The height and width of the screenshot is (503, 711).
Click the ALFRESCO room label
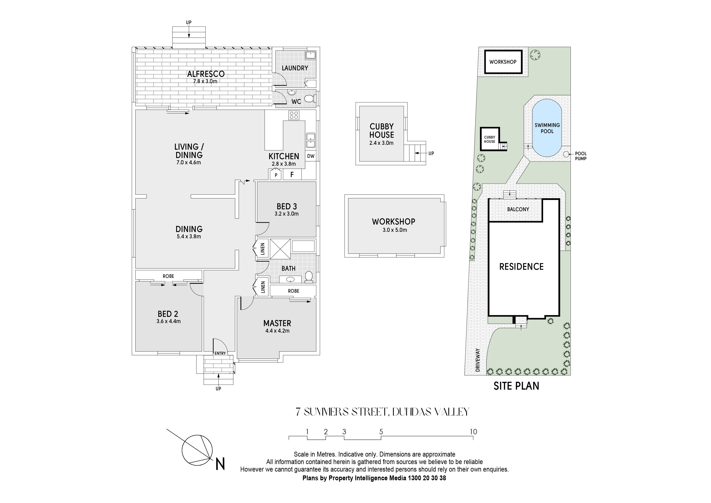point(206,74)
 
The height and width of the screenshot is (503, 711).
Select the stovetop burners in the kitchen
point(294,115)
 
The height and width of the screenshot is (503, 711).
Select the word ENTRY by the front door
point(220,353)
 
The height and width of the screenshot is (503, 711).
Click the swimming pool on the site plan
point(547,128)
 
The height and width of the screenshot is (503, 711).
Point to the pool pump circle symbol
point(566,154)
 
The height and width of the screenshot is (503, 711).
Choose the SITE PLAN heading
point(516,386)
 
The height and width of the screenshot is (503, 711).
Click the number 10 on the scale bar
point(473,432)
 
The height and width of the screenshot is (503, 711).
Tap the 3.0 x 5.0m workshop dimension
point(395,230)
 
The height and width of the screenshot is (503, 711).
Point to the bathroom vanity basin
point(290,279)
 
